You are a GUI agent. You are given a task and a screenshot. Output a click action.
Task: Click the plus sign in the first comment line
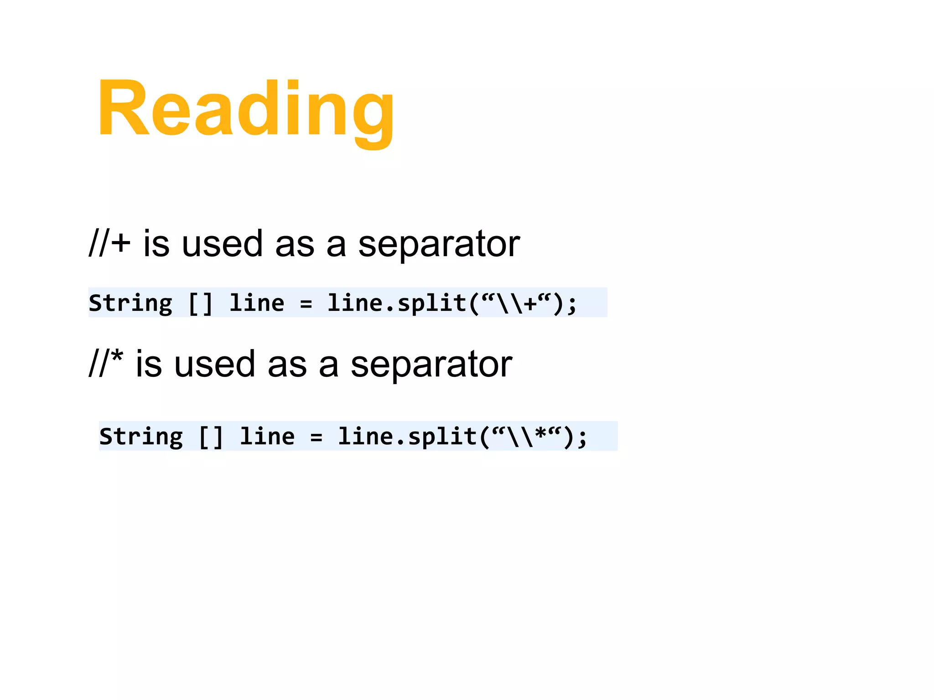121,243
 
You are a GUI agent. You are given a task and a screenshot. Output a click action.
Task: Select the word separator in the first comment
439,245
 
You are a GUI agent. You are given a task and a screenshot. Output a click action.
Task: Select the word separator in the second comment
431,365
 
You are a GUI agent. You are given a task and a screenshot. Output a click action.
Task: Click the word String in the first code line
130,303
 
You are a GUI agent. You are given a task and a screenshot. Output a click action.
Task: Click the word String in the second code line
141,437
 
